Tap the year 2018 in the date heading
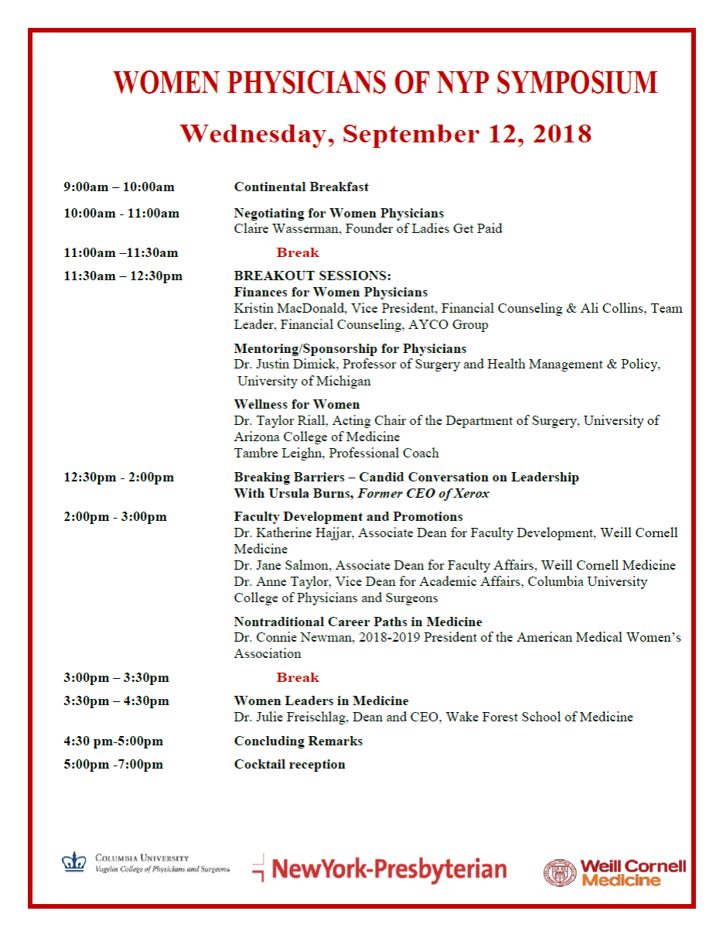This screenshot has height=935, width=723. click(562, 134)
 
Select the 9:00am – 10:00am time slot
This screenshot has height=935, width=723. click(119, 187)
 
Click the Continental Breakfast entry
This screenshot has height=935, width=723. click(301, 187)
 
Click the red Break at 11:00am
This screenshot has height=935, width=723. click(298, 252)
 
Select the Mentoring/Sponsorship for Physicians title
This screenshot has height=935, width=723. click(350, 349)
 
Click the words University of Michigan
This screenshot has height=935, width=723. click(304, 381)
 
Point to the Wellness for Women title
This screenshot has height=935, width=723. click(297, 404)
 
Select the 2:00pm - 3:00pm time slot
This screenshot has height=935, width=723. click(115, 517)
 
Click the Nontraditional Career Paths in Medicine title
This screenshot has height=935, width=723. click(358, 622)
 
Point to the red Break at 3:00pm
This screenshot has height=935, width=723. click(298, 678)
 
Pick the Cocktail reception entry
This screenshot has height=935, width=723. click(289, 765)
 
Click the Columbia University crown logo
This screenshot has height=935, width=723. click(74, 862)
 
